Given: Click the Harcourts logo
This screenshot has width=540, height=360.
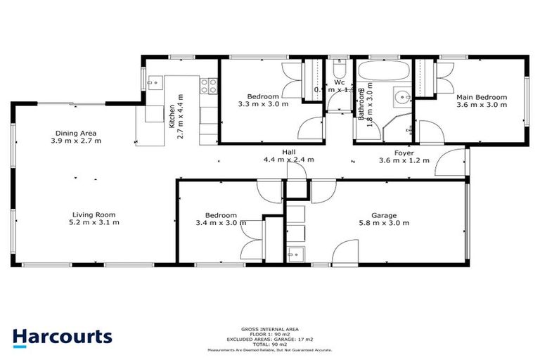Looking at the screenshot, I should [62, 336].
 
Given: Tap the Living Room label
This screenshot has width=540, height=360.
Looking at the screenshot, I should [93, 214].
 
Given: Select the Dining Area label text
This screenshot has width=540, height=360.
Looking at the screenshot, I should [76, 133].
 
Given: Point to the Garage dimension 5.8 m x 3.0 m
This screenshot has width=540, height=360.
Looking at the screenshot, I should [385, 224].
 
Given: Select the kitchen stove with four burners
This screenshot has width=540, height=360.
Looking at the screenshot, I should [209, 86].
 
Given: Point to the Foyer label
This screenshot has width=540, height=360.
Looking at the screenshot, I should [403, 152].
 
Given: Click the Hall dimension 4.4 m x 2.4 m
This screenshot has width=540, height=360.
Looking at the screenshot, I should [288, 160].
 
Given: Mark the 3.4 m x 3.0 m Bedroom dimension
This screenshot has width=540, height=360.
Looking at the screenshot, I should [221, 224].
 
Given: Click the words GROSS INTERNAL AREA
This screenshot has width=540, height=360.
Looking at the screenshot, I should [270, 329].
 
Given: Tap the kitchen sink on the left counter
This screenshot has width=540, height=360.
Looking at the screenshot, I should [153, 113].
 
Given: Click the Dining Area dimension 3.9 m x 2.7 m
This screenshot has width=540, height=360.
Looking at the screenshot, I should [76, 141].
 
